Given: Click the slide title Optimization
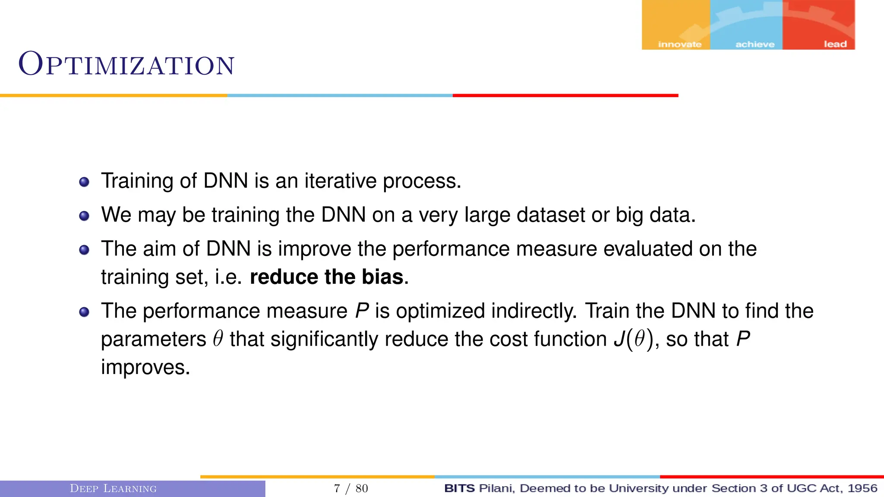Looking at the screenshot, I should (126, 65).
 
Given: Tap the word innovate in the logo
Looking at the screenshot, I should (679, 44).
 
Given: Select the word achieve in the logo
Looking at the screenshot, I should (755, 44).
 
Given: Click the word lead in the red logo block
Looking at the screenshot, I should (835, 44).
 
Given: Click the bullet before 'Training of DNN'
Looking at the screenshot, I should (84, 182).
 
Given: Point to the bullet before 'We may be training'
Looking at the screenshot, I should (84, 216).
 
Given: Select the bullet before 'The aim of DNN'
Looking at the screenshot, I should (84, 250).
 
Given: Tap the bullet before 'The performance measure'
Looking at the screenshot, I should (84, 312).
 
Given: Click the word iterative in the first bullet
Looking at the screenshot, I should (340, 181).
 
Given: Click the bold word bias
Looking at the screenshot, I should (382, 277).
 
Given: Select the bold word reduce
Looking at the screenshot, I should (284, 277).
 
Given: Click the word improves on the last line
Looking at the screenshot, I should (145, 368).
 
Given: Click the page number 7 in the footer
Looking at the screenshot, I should (337, 488).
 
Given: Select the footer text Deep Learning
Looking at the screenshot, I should (113, 488).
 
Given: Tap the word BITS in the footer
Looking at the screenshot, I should (459, 488).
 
